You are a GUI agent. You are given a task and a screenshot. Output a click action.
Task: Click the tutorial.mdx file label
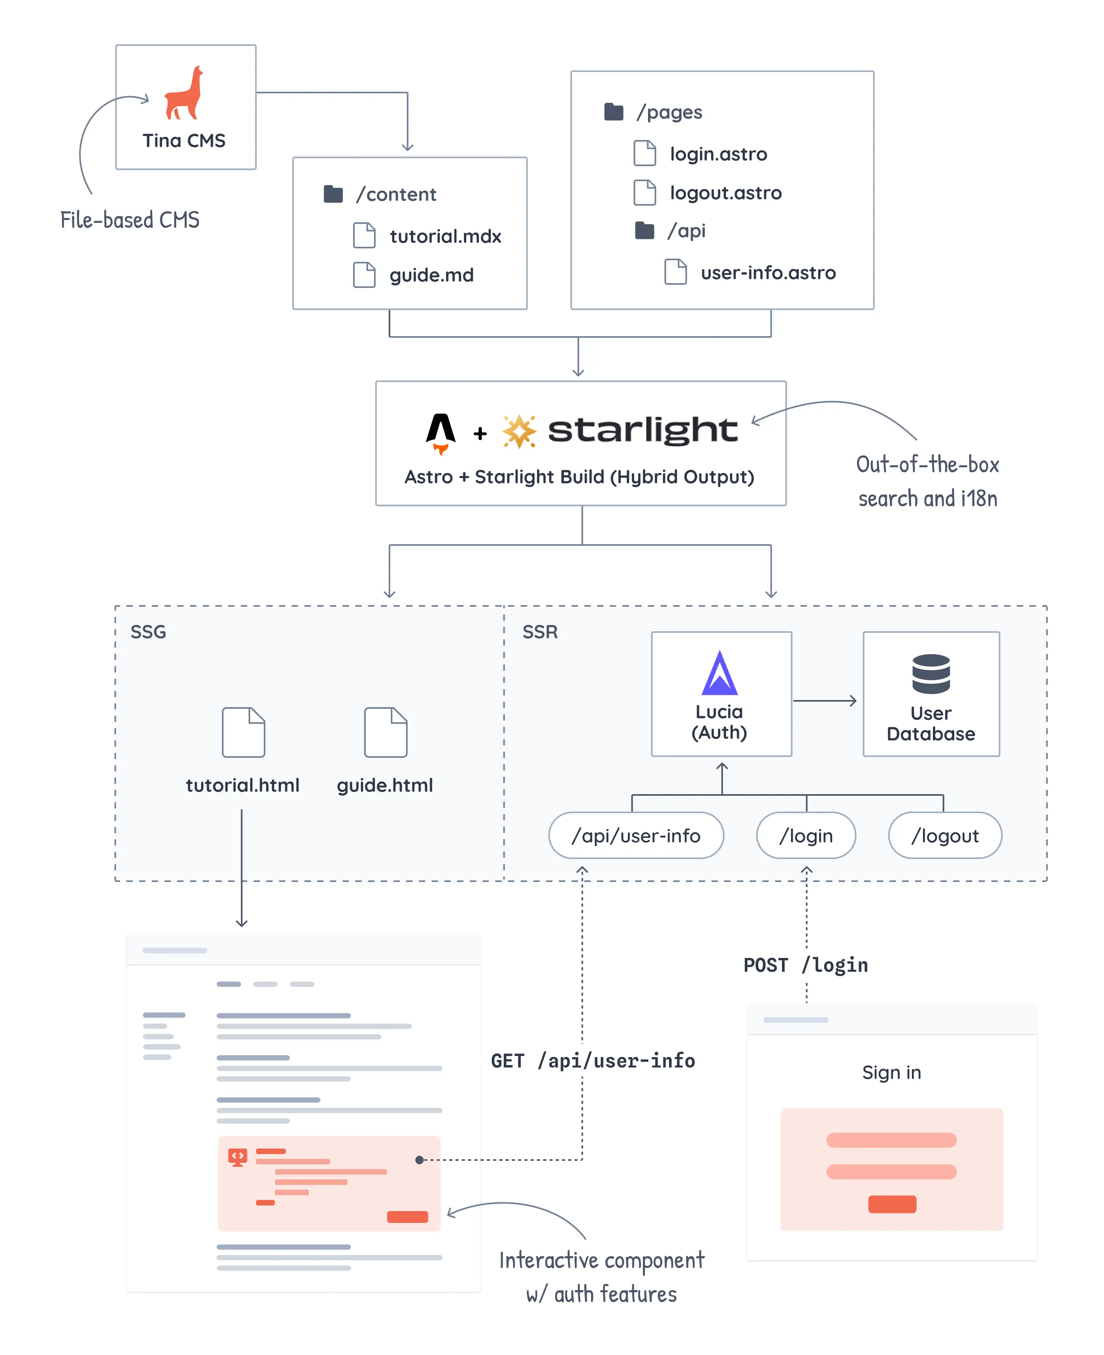pyautogui.click(x=445, y=236)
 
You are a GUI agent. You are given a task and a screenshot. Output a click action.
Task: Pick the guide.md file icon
pyautogui.click(x=364, y=274)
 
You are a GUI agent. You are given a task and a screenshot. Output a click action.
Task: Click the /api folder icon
pyautogui.click(x=644, y=231)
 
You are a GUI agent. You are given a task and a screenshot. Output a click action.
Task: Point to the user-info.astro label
pyautogui.click(x=768, y=273)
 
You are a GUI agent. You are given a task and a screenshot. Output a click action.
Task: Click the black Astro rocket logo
pyautogui.click(x=441, y=433)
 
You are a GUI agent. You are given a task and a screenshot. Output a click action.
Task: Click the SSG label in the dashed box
pyautogui.click(x=148, y=631)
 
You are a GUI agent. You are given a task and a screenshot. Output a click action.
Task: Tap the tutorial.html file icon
pyautogui.click(x=243, y=732)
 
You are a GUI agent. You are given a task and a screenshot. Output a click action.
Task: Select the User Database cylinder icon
pyautogui.click(x=931, y=674)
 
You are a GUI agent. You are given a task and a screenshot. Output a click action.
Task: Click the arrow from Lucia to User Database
pyautogui.click(x=825, y=701)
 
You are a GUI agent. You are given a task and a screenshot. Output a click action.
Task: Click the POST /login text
pyautogui.click(x=805, y=965)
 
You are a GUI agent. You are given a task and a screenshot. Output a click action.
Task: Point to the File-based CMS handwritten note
pyautogui.click(x=130, y=220)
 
